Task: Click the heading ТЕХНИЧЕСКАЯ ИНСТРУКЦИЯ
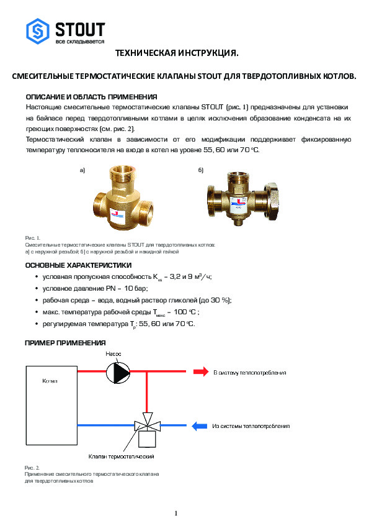(177, 55)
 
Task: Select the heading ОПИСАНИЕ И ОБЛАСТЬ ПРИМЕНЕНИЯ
(91, 98)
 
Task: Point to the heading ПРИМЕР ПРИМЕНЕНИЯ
(64, 343)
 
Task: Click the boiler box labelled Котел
(49, 401)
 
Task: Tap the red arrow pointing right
(201, 372)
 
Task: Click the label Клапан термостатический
(121, 457)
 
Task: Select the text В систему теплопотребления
(250, 373)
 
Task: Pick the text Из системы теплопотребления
(251, 426)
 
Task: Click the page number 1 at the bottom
(177, 513)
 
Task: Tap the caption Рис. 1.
(32, 239)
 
